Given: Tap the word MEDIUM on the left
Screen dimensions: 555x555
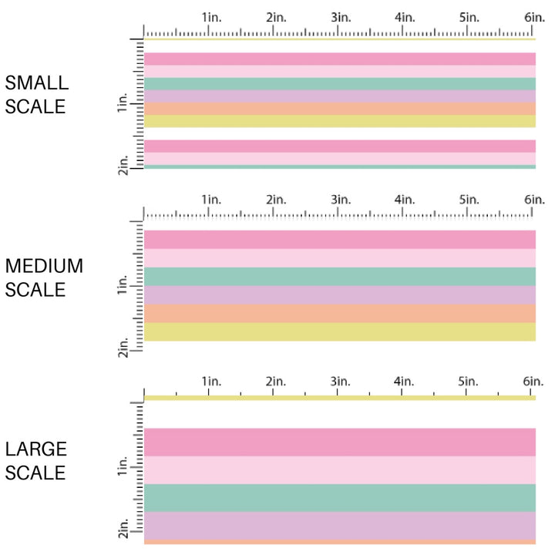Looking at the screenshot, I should coord(44,267).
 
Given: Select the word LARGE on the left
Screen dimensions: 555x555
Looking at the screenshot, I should coord(36,449).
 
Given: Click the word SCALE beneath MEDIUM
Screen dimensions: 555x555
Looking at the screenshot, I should coord(35,290).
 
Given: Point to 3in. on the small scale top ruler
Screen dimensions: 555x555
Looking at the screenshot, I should coord(340,18).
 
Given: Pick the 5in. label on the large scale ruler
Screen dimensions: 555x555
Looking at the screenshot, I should coord(469,382).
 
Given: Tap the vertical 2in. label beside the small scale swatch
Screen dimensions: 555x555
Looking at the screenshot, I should coord(123,164).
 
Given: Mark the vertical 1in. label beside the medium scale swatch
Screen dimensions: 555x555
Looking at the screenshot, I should coord(123,288).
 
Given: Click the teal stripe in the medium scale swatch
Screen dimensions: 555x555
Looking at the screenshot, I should coord(339,277).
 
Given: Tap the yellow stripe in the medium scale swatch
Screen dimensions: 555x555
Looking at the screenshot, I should coord(339,332).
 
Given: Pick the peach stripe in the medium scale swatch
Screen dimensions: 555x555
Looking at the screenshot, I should coord(339,314).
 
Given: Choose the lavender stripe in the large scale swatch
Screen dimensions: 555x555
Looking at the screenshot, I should coord(339,525).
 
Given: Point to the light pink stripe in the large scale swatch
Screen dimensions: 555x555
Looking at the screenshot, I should coord(339,469).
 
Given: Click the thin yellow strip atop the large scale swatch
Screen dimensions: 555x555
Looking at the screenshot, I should coord(339,398).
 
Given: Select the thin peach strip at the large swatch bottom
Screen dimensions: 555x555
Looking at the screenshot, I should coord(339,542).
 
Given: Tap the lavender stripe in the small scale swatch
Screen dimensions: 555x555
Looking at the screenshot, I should coord(339,96).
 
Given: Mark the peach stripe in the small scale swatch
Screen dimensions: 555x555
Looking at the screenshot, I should coord(339,109).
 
